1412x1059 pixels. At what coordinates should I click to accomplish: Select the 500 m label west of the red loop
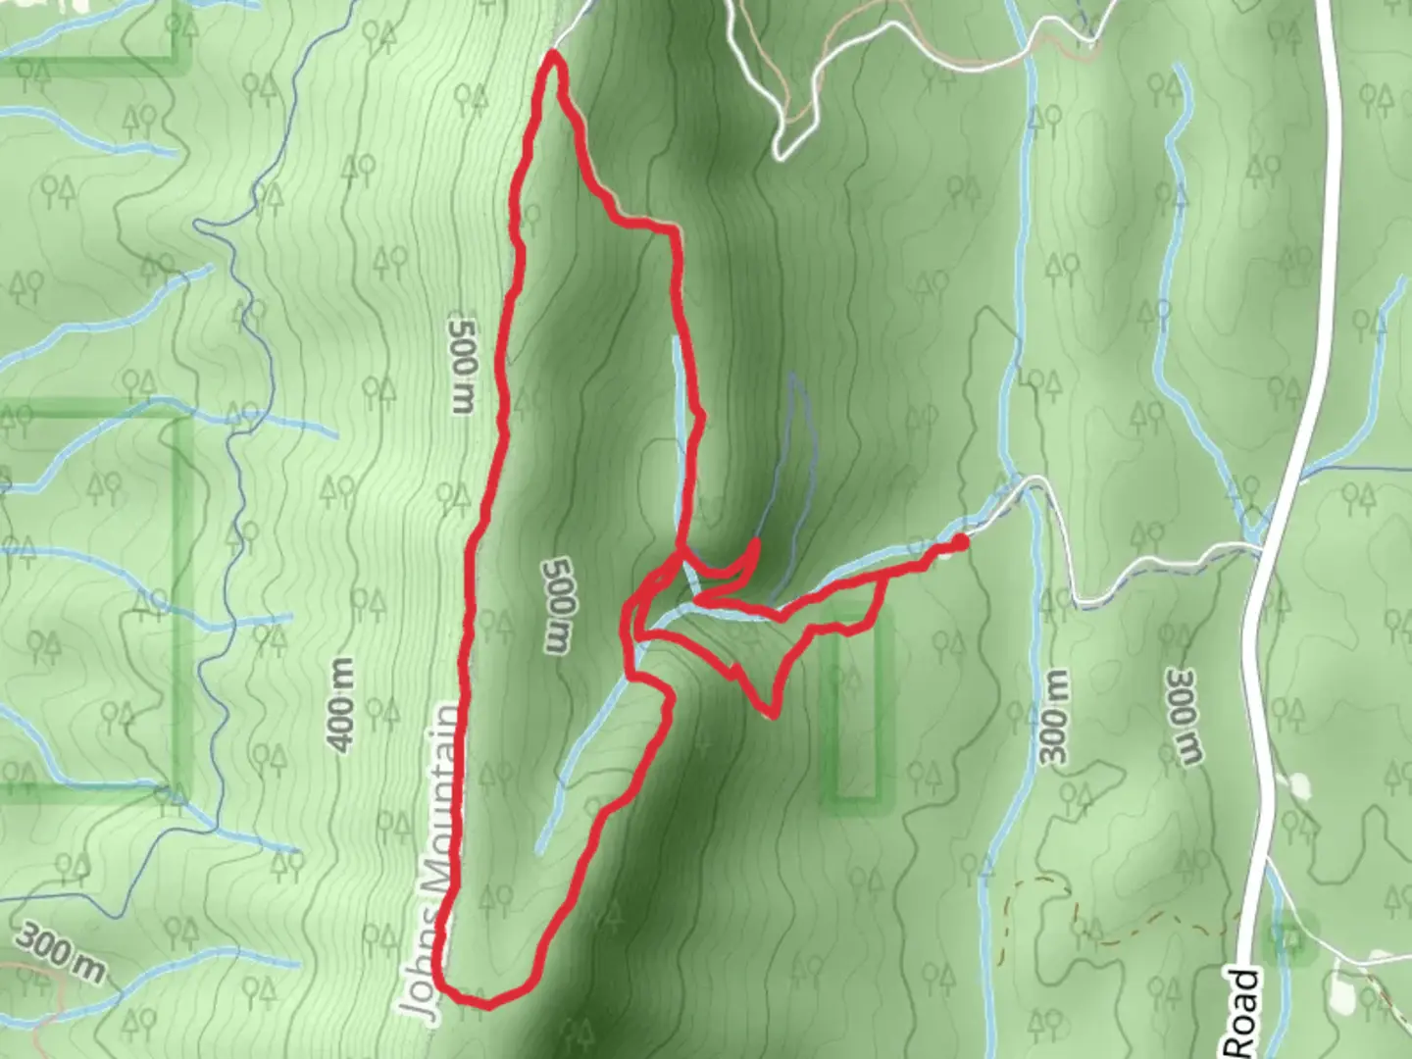(x=462, y=364)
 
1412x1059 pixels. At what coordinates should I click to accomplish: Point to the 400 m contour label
(x=341, y=706)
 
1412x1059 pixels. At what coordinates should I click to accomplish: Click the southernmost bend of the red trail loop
(x=485, y=1003)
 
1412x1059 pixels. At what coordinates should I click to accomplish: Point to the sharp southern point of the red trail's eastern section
(x=774, y=714)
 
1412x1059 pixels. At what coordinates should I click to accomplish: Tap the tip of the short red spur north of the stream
(x=756, y=541)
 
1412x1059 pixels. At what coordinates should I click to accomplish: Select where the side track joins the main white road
(x=1260, y=547)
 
